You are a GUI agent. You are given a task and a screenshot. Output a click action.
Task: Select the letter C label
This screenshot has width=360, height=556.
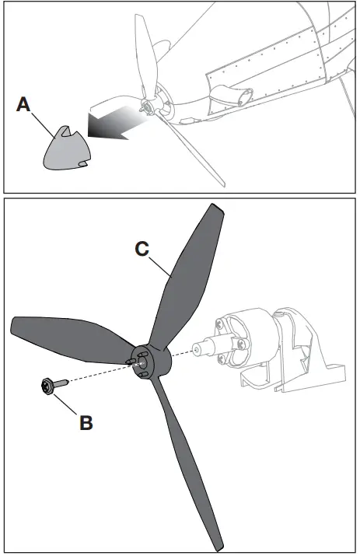142,250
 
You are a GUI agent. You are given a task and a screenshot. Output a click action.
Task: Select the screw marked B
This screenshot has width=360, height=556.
48,384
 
